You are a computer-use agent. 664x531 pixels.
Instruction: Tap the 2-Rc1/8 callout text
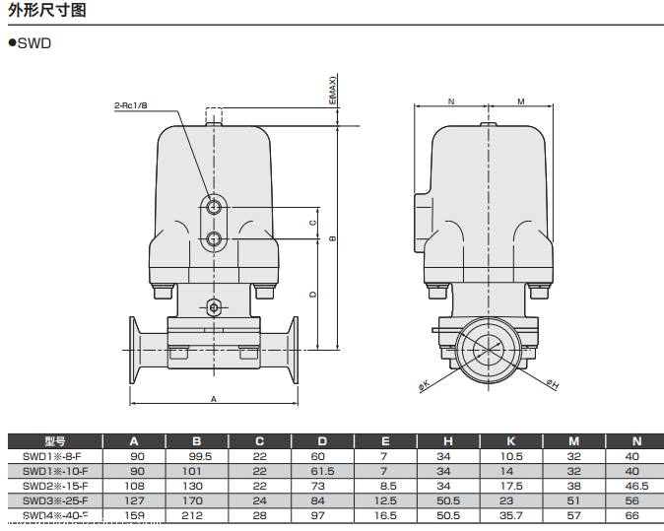pos(132,105)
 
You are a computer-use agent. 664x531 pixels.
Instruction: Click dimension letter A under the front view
pos(213,398)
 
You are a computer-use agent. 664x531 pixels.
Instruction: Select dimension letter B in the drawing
pos(332,237)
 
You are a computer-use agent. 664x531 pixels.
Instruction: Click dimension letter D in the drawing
pos(312,294)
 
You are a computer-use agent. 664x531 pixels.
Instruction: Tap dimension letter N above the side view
pos(450,101)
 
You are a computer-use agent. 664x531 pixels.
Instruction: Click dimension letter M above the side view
pos(520,101)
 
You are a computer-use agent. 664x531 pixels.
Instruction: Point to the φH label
pos(552,383)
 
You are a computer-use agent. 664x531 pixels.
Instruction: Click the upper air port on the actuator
pos(214,206)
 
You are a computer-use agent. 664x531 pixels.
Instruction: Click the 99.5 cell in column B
pos(196,456)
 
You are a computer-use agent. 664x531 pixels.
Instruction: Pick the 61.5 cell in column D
pos(322,471)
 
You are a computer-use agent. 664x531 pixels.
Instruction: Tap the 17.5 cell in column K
pos(510,486)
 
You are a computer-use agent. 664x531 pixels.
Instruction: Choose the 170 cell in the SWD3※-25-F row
pos(196,500)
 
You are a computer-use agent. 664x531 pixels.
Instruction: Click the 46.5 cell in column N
pos(635,486)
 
